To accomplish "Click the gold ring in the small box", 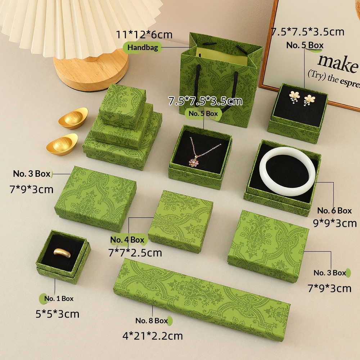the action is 62,253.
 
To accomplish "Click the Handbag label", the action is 143,48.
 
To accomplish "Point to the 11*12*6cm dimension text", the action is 144,35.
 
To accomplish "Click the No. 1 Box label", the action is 59,298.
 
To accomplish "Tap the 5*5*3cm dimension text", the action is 57,314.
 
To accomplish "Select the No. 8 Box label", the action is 152,320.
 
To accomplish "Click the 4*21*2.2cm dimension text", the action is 153,336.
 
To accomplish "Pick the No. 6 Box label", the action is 334,211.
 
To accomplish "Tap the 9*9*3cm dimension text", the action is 335,223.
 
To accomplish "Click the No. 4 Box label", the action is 127,240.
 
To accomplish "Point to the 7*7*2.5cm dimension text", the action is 135,253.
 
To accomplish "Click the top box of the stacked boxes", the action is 122,105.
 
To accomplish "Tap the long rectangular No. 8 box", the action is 202,300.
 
